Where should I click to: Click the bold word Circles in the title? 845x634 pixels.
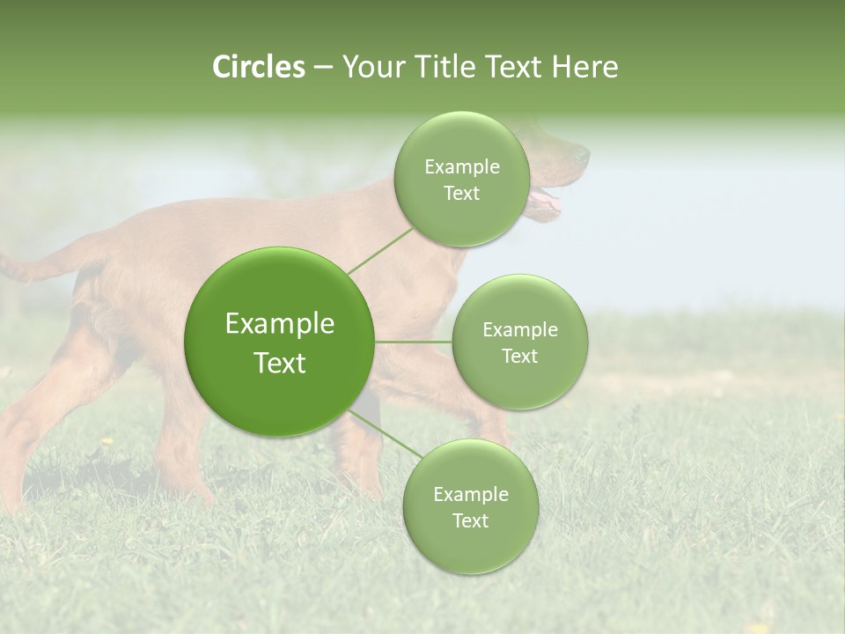(x=258, y=67)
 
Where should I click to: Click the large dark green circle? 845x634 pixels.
(x=280, y=342)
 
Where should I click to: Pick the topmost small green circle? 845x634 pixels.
(x=461, y=179)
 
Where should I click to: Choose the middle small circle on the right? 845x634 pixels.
(x=519, y=342)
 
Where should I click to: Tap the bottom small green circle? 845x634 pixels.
(x=470, y=506)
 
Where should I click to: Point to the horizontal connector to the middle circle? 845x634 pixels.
(x=413, y=342)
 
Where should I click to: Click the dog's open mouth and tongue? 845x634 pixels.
(x=546, y=203)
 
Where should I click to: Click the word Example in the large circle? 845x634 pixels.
(x=280, y=324)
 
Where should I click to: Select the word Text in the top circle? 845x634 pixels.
(x=461, y=194)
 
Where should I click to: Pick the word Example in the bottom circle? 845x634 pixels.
(x=470, y=494)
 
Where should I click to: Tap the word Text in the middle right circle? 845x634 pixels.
(x=519, y=356)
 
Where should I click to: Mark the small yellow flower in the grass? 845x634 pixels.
(x=107, y=440)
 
